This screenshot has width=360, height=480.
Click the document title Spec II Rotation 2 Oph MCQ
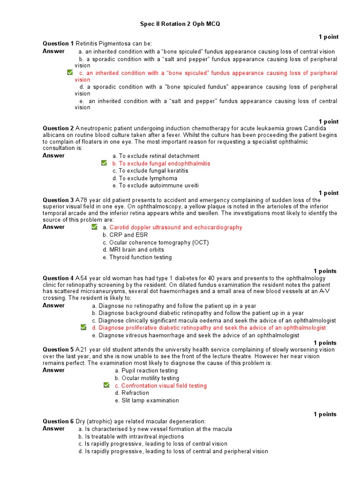point(180,23)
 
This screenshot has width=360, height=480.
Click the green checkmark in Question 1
point(70,73)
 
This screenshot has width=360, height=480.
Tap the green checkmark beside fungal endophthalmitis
point(104,163)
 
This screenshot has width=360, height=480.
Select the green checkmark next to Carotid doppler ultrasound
point(95,227)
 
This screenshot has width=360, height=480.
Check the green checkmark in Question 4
point(83,327)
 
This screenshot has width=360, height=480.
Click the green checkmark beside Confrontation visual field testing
point(107,385)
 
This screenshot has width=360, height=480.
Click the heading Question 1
point(58,43)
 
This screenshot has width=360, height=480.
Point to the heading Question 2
point(58,128)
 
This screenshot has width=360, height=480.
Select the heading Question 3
point(58,200)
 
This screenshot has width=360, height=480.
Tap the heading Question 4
point(58,278)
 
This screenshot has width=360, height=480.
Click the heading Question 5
point(58,349)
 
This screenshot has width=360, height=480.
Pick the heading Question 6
point(58,421)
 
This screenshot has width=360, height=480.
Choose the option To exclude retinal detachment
point(156,156)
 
